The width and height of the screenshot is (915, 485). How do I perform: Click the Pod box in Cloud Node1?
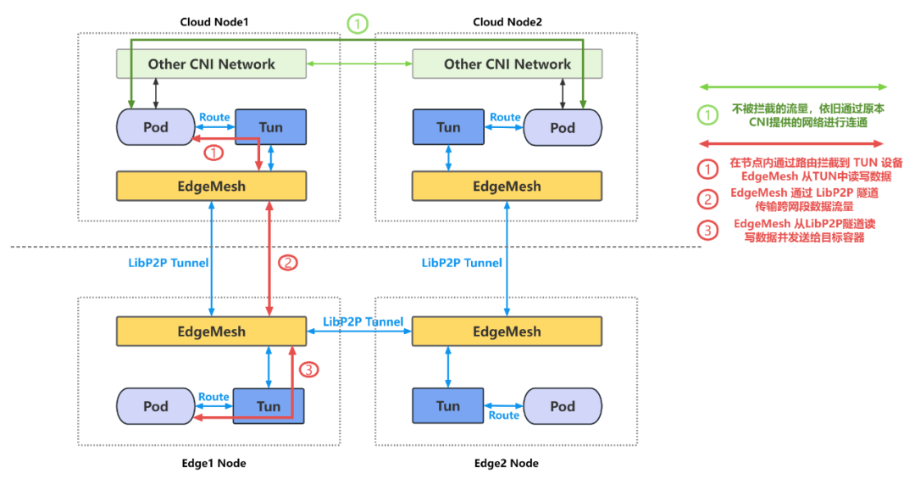tap(156, 127)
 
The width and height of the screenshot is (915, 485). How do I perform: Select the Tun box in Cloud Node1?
tap(270, 127)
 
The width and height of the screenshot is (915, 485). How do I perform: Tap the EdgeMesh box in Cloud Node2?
tap(507, 186)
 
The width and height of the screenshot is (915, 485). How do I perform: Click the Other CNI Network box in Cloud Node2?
tap(507, 64)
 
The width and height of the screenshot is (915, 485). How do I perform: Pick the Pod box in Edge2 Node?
tap(563, 406)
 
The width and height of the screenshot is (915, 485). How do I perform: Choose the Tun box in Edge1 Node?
tap(269, 406)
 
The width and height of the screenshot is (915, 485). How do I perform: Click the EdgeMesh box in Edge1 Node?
tap(211, 332)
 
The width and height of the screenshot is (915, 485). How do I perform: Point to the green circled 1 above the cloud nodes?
tap(358, 24)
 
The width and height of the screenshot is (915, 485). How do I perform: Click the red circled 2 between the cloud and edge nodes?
tap(288, 263)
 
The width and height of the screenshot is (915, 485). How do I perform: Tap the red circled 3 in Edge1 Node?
tap(310, 370)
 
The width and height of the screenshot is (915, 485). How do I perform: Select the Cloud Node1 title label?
tap(212, 21)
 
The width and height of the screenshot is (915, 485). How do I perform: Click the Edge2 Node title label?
tap(506, 463)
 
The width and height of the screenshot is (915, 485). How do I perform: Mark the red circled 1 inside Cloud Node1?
tap(213, 153)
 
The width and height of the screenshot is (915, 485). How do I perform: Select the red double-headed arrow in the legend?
tap(792, 143)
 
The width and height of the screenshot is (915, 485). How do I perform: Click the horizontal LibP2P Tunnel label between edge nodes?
tap(363, 322)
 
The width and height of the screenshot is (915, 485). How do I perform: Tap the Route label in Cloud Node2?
tap(505, 117)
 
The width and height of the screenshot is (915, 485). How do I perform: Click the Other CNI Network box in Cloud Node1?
tap(211, 64)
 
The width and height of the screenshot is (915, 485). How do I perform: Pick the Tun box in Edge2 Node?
tap(447, 406)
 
